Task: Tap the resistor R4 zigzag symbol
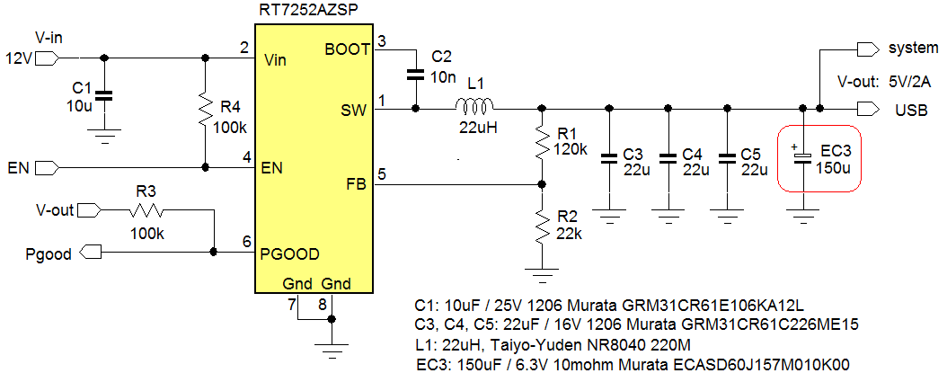click(x=206, y=113)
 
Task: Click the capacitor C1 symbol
click(x=104, y=95)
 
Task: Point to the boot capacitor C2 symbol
click(x=415, y=74)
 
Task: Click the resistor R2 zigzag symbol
click(x=541, y=227)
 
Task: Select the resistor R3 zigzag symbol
click(x=146, y=211)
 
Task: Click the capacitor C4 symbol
click(x=668, y=157)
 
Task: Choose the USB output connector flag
click(x=868, y=110)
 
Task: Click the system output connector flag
click(x=868, y=48)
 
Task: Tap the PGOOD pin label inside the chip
click(x=289, y=253)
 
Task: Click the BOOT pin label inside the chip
click(x=346, y=49)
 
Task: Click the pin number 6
click(x=246, y=242)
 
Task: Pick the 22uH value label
click(x=473, y=128)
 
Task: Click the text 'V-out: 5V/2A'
click(x=884, y=81)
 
